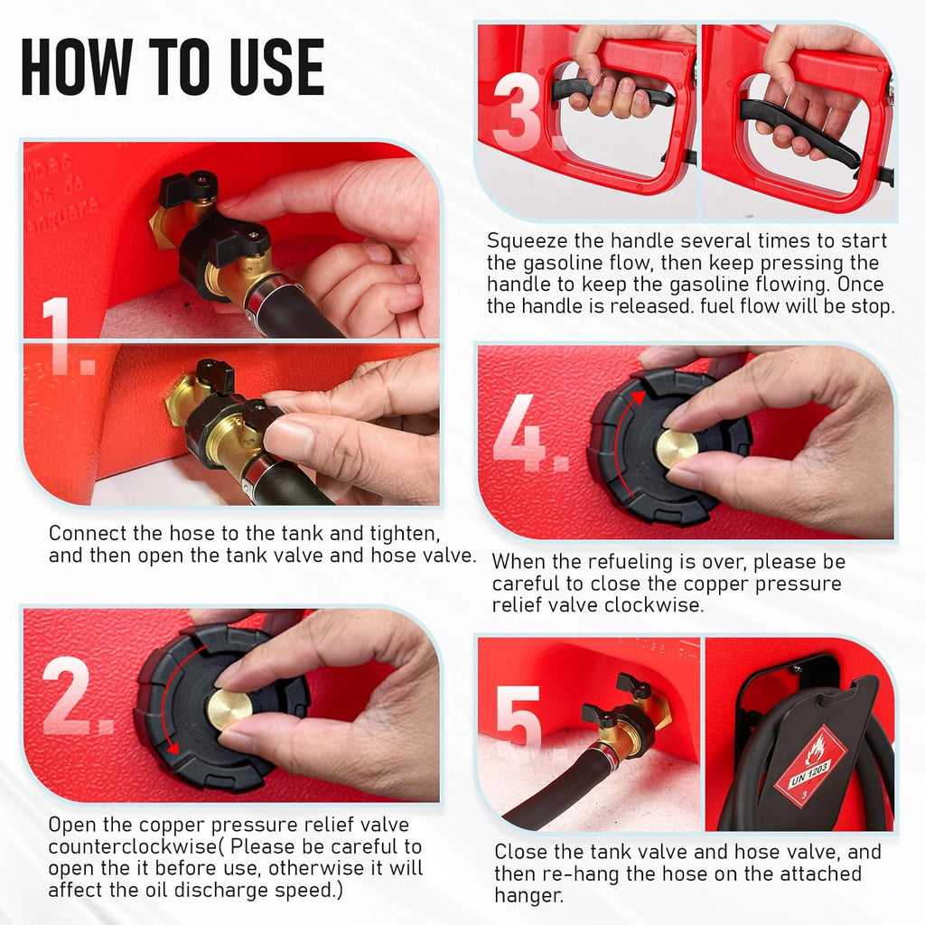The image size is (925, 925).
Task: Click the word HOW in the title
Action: coord(76,66)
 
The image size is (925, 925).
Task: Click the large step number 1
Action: coord(66,336)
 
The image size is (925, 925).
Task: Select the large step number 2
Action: coord(77,696)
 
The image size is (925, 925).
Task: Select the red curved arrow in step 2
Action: coord(166,696)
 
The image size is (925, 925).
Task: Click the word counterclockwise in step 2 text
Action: coord(133,846)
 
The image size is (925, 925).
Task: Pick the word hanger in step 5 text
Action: coord(528,896)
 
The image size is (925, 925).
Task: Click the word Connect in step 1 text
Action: coord(88,533)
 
